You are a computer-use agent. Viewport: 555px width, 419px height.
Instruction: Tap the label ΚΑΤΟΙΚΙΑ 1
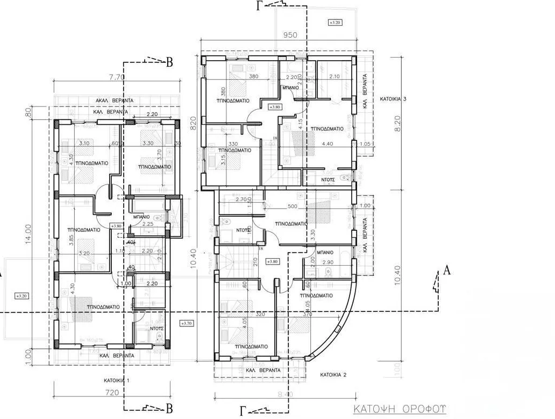pos(117,380)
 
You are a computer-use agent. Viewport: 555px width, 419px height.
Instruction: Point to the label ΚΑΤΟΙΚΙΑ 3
pos(396,100)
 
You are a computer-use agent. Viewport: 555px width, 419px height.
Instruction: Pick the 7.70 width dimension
pos(117,77)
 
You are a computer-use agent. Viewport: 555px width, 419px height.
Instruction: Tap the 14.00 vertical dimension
pos(28,235)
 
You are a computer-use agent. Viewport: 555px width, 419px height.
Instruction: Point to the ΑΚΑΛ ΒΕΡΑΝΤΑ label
pos(114,101)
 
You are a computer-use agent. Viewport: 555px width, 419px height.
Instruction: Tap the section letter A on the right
pos(446,271)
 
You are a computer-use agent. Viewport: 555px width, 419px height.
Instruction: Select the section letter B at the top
pos(169,63)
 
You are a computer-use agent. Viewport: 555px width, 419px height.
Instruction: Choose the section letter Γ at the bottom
pos(244,411)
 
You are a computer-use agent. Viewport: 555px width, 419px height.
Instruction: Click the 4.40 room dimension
pos(327,144)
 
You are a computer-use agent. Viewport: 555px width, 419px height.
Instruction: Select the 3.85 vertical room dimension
pos(71,240)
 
